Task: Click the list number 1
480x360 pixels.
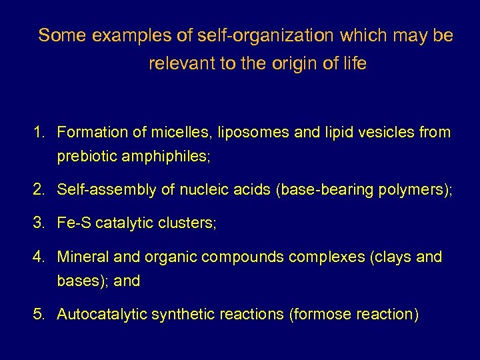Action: tap(38, 133)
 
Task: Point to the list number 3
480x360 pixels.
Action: tap(39, 223)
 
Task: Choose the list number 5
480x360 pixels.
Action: tap(39, 314)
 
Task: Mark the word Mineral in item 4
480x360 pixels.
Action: tap(81, 257)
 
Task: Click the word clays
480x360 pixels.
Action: tap(391, 257)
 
